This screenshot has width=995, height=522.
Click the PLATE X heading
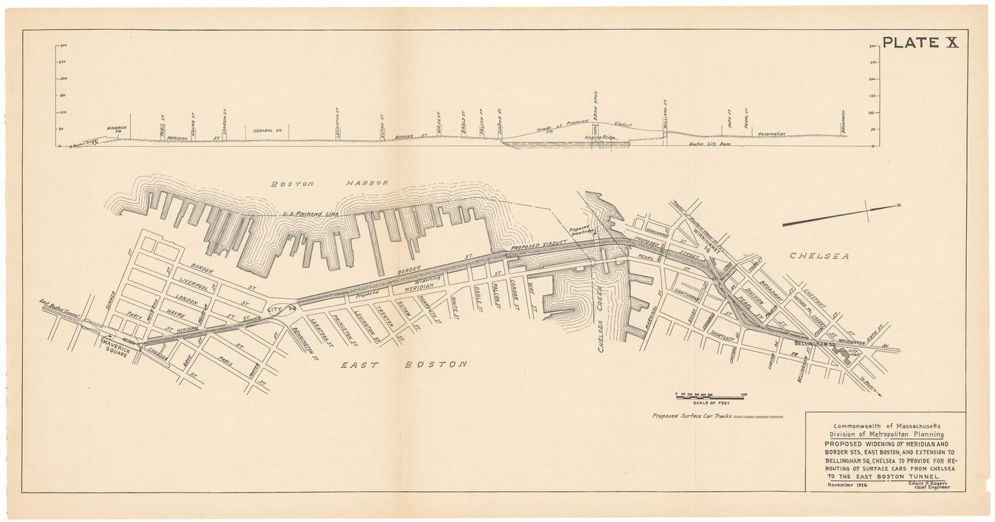coord(920,43)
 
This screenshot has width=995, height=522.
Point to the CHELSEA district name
coord(816,256)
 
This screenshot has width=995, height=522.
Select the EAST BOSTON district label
coord(404,364)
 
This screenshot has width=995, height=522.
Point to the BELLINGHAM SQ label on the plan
coord(814,342)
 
